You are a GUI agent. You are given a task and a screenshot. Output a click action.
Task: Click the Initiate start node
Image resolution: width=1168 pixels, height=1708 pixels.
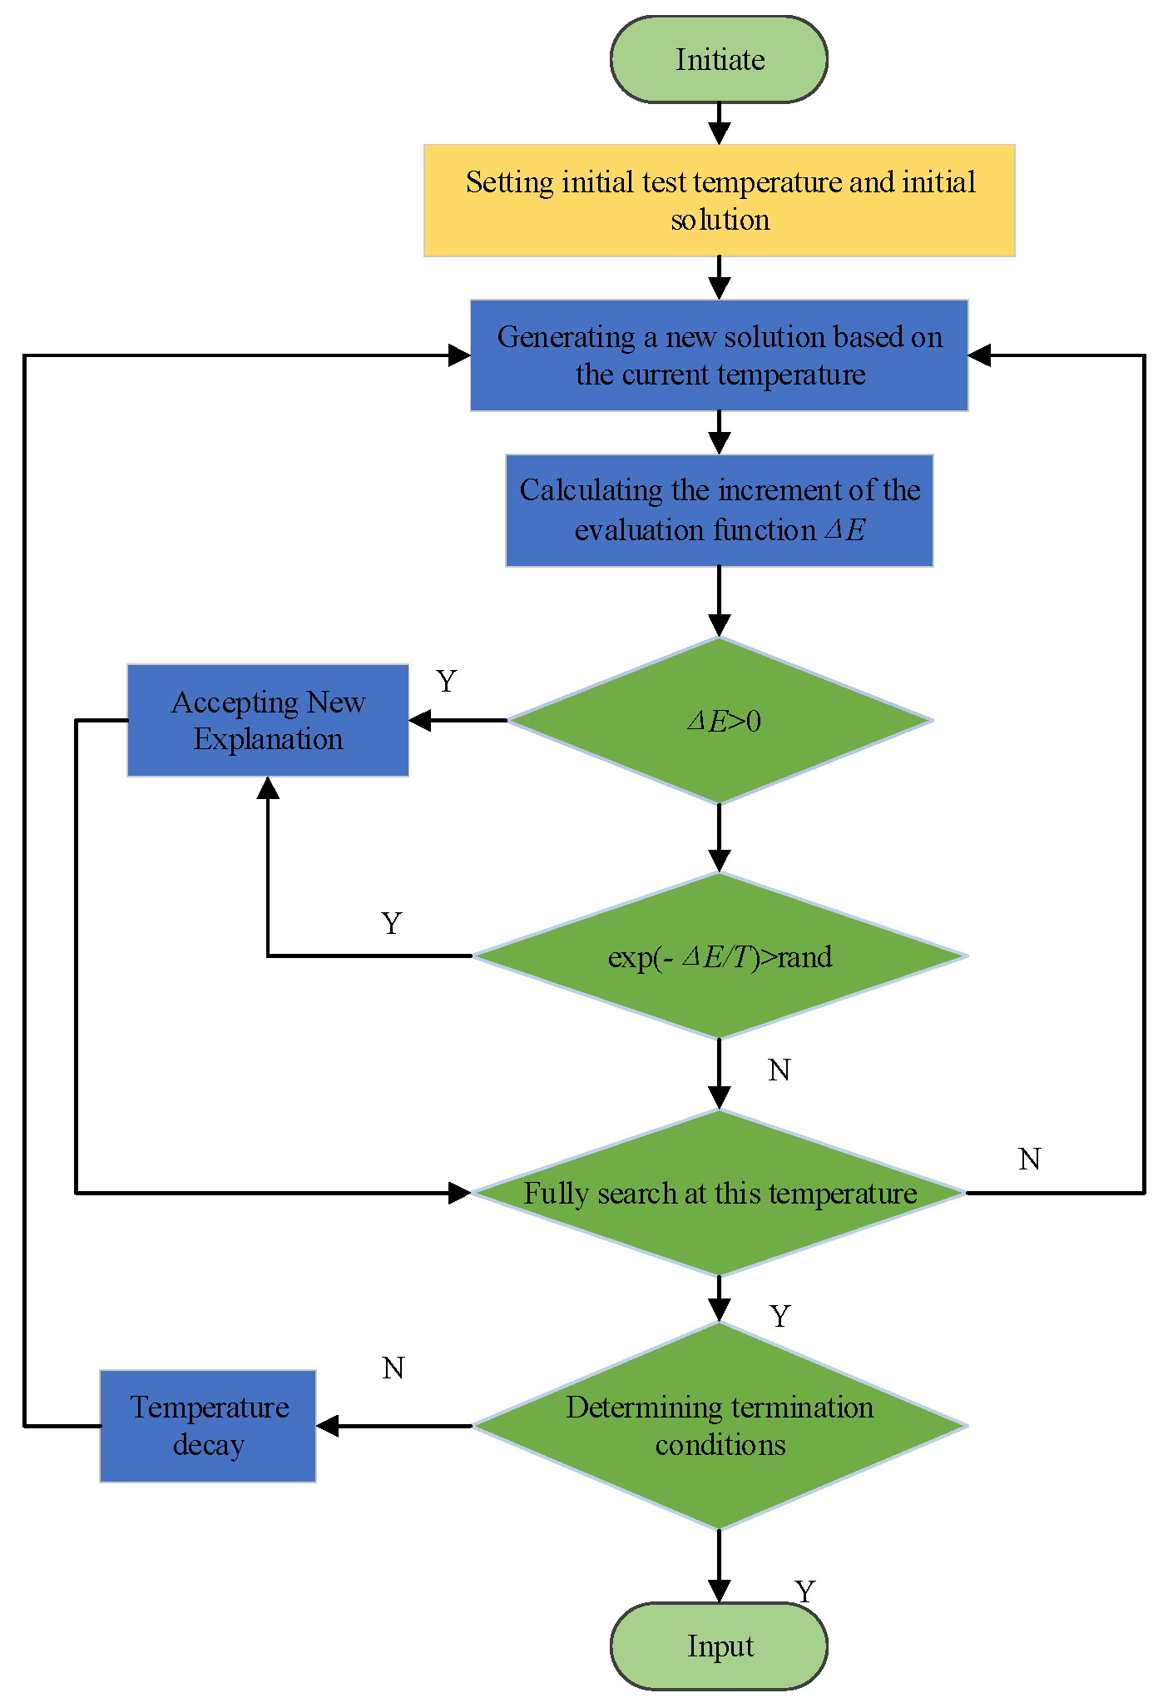(x=719, y=59)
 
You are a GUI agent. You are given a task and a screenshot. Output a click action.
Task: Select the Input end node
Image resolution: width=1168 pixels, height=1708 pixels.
(x=719, y=1646)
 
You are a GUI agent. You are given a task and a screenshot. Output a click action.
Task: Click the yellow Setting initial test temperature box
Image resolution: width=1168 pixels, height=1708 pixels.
(x=719, y=200)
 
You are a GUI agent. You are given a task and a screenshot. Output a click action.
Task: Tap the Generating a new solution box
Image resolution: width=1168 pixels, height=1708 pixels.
(x=719, y=355)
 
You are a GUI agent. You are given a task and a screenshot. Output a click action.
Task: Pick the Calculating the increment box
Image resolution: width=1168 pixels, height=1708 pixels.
(x=719, y=510)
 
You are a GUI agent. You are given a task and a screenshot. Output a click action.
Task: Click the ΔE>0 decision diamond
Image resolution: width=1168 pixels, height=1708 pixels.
(x=719, y=720)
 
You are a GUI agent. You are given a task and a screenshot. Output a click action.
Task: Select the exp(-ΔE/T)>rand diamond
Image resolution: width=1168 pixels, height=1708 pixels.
(x=719, y=956)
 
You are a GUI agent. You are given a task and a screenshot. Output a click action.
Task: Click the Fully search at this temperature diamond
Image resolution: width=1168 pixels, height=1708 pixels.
(x=719, y=1193)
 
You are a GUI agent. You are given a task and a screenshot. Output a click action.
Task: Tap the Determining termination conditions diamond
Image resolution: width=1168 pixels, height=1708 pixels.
(x=719, y=1425)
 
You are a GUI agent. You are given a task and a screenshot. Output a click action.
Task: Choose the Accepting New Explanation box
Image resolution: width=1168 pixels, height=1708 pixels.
(x=268, y=720)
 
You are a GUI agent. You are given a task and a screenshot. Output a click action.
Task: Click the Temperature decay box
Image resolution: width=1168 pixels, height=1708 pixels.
(x=208, y=1425)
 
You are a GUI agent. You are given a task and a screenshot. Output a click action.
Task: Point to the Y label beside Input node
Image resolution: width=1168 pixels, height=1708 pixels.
(x=804, y=1591)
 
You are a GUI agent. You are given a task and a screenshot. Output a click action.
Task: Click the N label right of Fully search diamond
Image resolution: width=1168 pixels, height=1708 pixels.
(x=1029, y=1159)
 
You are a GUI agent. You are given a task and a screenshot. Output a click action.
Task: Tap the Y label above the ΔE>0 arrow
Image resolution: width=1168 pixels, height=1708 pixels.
(x=447, y=682)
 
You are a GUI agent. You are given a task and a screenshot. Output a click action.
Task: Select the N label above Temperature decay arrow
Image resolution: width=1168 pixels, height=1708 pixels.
(x=393, y=1368)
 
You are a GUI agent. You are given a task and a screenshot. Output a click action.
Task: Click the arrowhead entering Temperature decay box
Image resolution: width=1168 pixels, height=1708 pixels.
(x=328, y=1426)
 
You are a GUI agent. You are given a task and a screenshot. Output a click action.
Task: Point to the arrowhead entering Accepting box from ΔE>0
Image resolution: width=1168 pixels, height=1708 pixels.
(x=420, y=720)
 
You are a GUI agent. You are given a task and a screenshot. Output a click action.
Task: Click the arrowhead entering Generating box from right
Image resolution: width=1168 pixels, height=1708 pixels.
(x=979, y=355)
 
